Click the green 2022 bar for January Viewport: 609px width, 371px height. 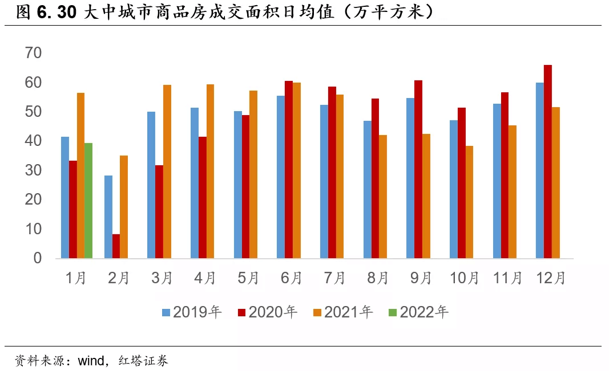click(x=88, y=201)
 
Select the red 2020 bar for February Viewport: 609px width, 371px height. click(x=116, y=246)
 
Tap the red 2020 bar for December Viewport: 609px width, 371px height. click(x=547, y=162)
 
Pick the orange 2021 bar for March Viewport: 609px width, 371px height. click(x=167, y=172)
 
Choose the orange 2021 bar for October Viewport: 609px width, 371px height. click(x=469, y=202)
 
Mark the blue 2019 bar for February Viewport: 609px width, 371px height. click(x=108, y=217)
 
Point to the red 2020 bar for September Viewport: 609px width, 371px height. click(x=418, y=169)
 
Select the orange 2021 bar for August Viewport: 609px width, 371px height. click(x=383, y=197)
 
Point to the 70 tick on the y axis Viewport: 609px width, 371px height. click(x=34, y=53)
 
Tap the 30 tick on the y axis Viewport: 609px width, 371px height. click(x=34, y=170)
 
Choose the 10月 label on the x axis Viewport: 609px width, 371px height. click(x=465, y=278)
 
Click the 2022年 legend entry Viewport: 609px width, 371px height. click(x=418, y=312)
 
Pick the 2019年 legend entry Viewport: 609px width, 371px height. click(x=192, y=312)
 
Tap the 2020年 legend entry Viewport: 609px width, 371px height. click(x=267, y=312)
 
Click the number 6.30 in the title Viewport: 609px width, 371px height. click(x=57, y=13)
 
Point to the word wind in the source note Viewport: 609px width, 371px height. click(x=90, y=361)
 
